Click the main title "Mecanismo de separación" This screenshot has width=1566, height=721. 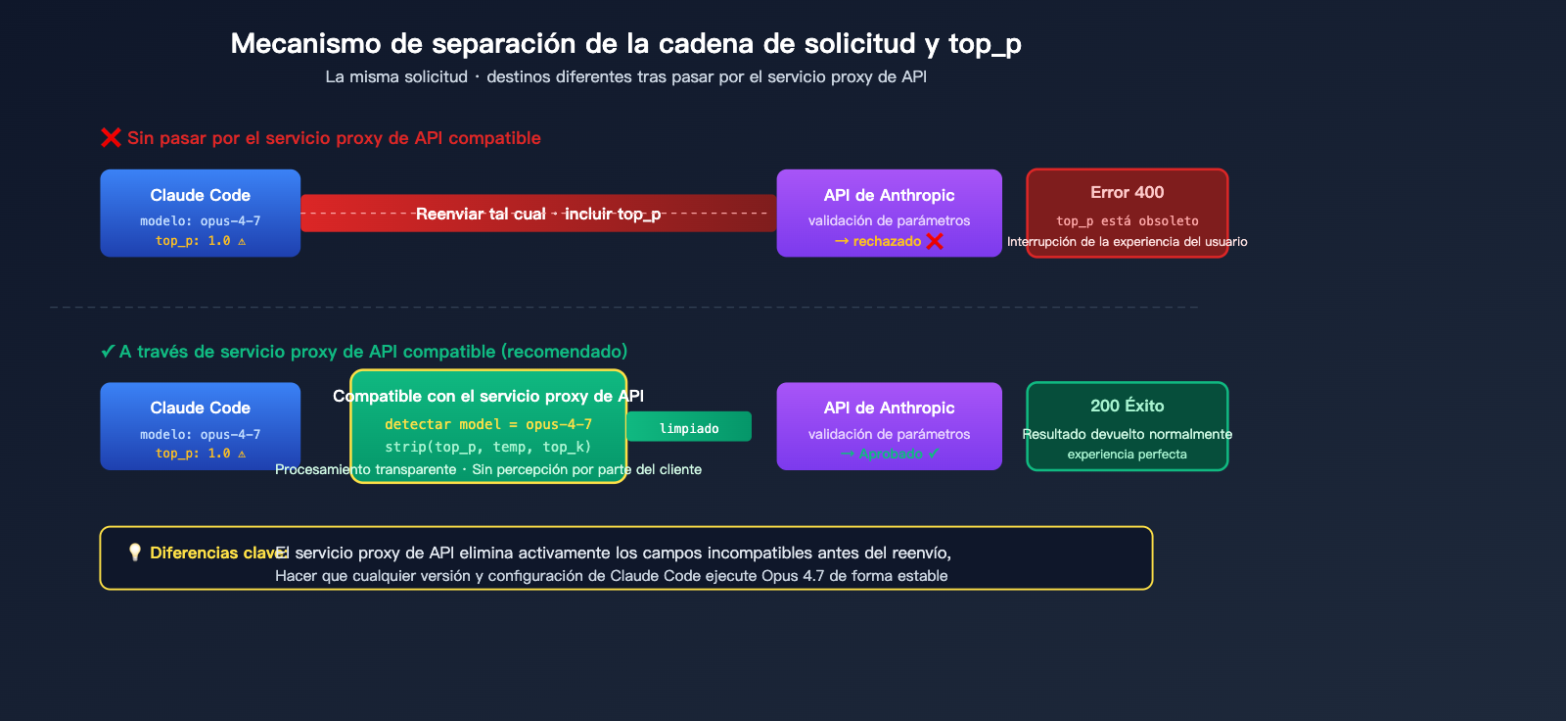[625, 44]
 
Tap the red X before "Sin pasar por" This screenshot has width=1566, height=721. [111, 138]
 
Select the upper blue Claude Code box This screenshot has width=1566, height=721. [200, 213]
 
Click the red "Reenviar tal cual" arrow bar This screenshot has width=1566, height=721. [538, 214]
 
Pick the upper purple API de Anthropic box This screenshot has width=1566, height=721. [889, 213]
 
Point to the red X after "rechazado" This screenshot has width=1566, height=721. [935, 241]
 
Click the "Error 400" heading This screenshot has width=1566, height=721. [1127, 193]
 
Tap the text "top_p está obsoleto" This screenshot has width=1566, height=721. [1127, 221]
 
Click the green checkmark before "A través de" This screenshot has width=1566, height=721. [108, 352]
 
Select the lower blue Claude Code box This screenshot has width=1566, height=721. [200, 426]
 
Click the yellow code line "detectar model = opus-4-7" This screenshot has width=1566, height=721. [487, 424]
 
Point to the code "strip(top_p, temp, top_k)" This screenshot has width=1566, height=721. [487, 447]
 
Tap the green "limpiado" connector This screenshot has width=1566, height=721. [689, 427]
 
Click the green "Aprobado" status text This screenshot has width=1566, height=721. [890, 454]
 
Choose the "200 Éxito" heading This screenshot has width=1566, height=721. [1127, 406]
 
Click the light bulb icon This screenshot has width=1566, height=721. [135, 553]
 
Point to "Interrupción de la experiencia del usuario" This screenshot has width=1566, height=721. [1127, 242]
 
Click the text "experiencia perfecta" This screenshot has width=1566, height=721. [1127, 455]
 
